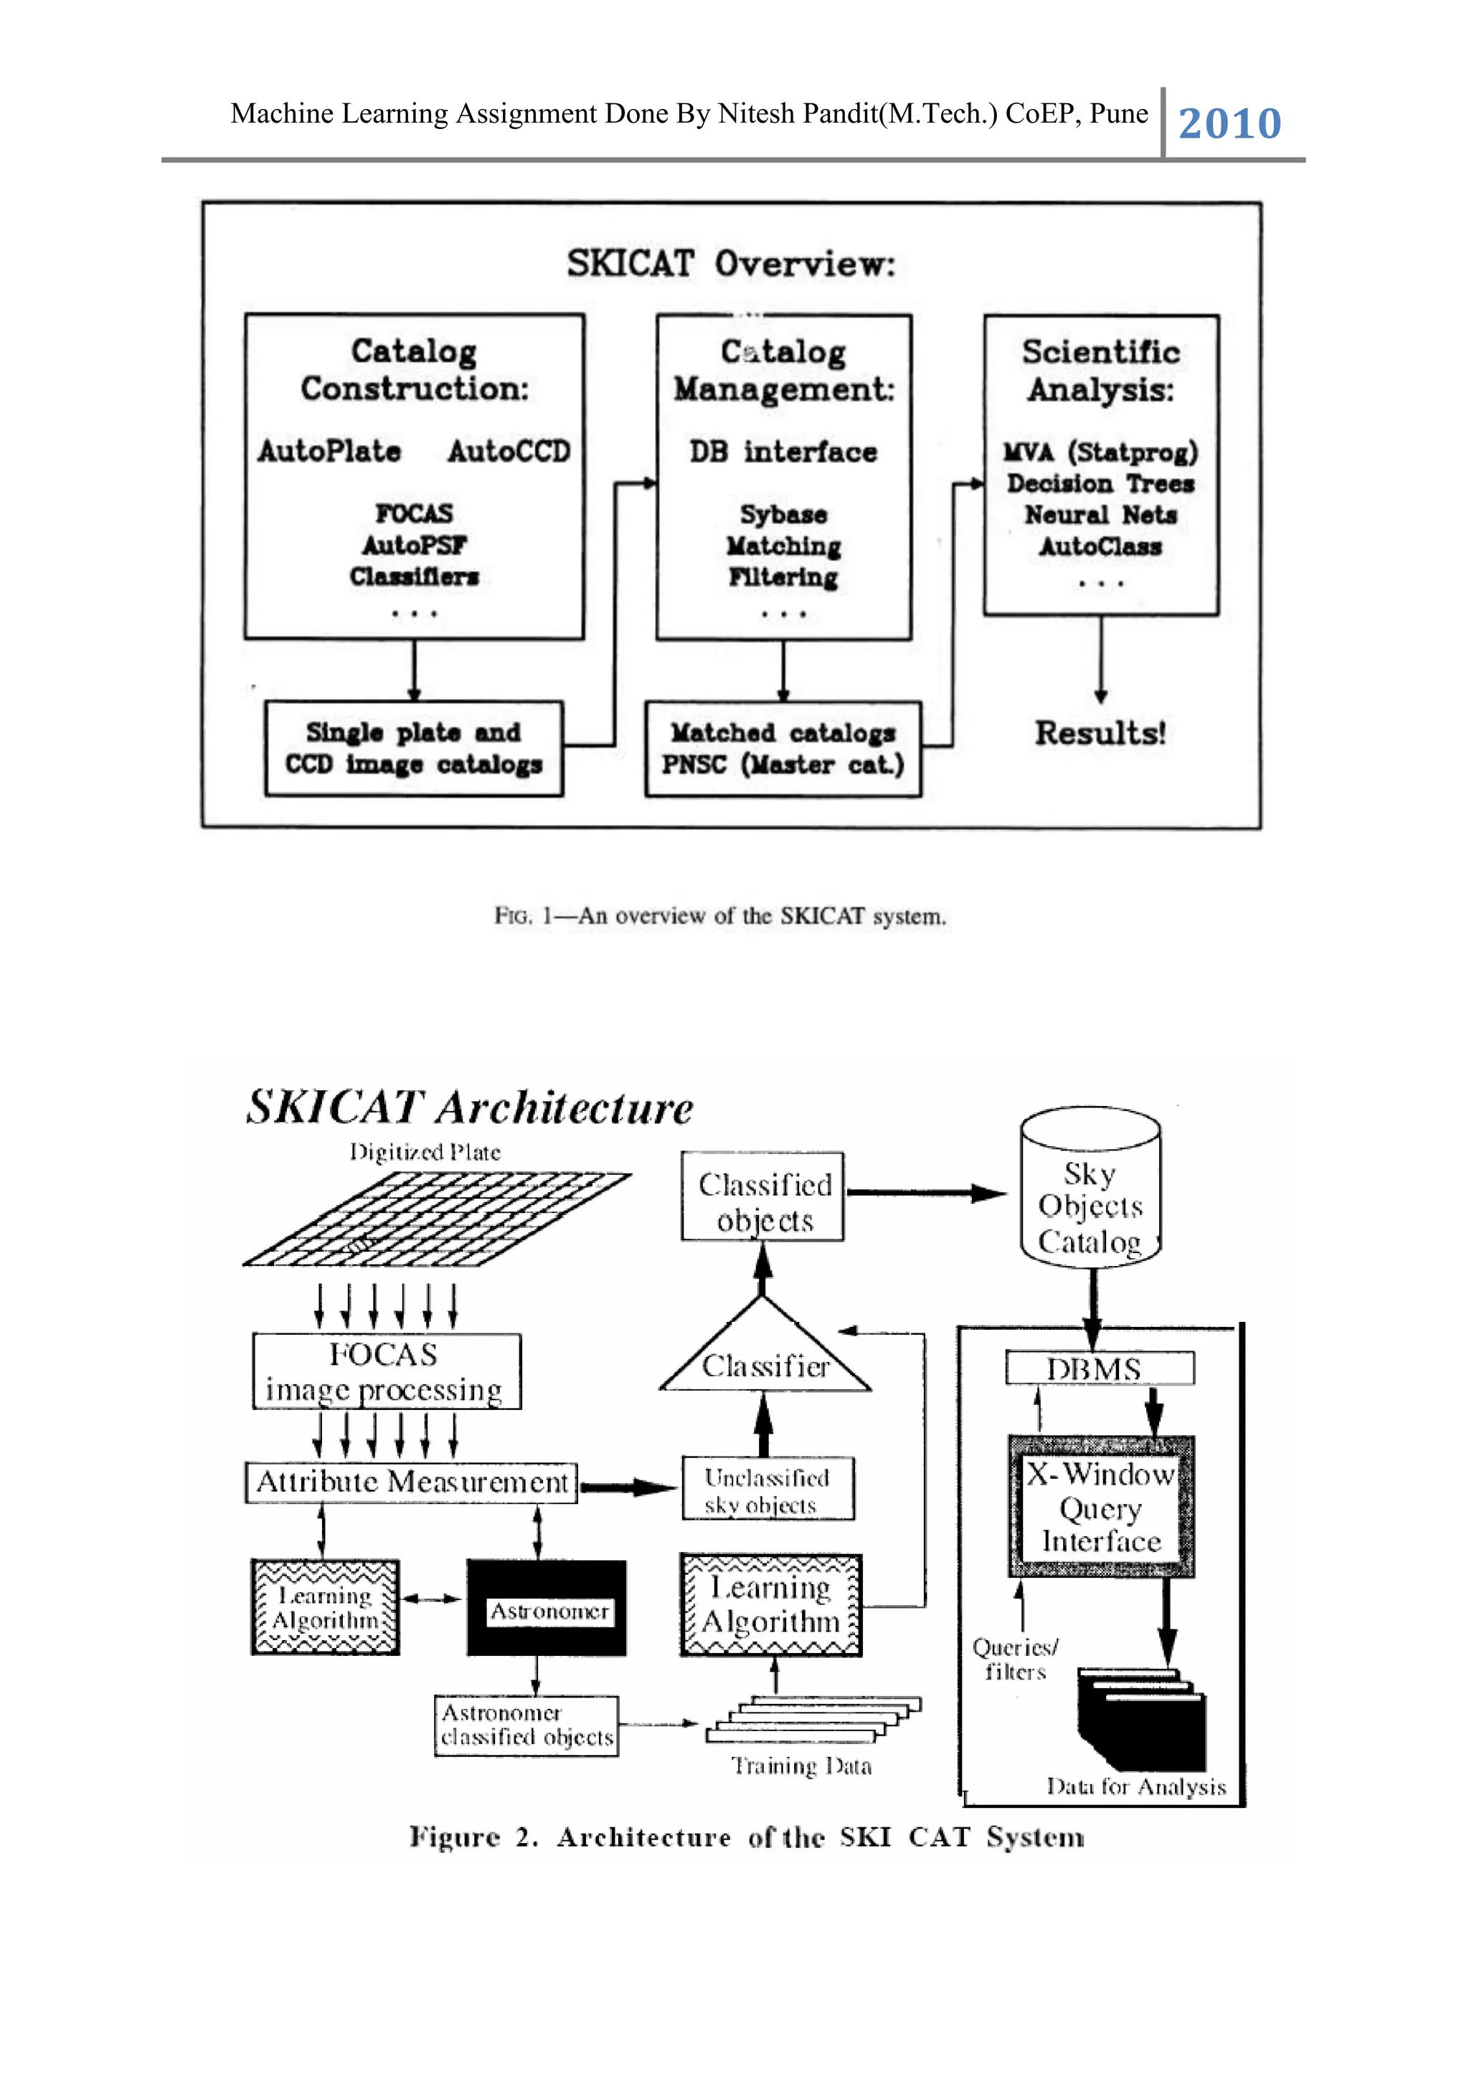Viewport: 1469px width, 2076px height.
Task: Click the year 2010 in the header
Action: tap(1229, 123)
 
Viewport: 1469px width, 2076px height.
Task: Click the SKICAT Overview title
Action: tap(731, 264)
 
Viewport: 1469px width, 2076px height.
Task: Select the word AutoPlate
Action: tap(329, 450)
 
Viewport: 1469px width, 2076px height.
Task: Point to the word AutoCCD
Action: tap(509, 450)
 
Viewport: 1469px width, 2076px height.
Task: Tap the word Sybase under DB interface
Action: tap(783, 515)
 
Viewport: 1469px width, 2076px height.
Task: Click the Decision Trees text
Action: tap(1101, 484)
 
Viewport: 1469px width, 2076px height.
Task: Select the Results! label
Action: tap(1100, 733)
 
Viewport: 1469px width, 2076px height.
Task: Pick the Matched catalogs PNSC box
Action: tap(783, 748)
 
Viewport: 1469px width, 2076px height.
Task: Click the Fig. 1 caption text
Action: tap(720, 916)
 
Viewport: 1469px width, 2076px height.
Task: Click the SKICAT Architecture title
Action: tap(471, 1108)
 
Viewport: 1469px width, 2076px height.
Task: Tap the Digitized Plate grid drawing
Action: tap(438, 1218)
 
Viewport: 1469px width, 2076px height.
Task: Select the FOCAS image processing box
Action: tap(386, 1371)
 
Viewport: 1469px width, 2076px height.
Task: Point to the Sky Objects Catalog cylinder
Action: tap(1090, 1194)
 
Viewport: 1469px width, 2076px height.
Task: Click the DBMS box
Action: tap(1099, 1368)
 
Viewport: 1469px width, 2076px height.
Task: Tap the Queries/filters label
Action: tap(1015, 1660)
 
